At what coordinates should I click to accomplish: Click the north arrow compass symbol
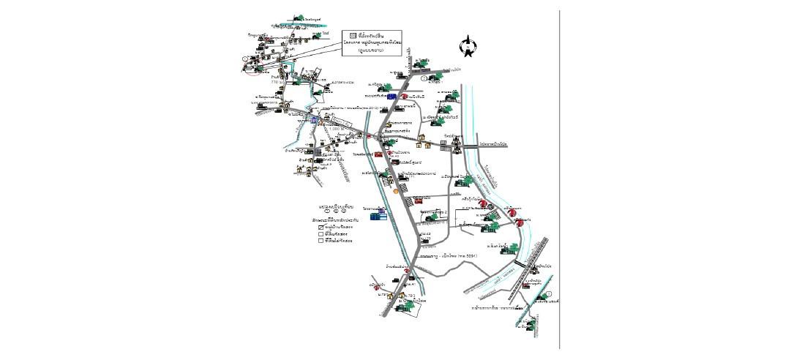pyautogui.click(x=466, y=48)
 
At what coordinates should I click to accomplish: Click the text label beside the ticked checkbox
pyautogui.click(x=339, y=228)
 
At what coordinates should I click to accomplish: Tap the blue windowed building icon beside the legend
pyautogui.click(x=376, y=216)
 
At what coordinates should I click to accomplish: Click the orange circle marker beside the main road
pyautogui.click(x=397, y=190)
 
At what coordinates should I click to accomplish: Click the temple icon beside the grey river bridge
pyautogui.click(x=457, y=146)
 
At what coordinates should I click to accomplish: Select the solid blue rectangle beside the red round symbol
pyautogui.click(x=392, y=96)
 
